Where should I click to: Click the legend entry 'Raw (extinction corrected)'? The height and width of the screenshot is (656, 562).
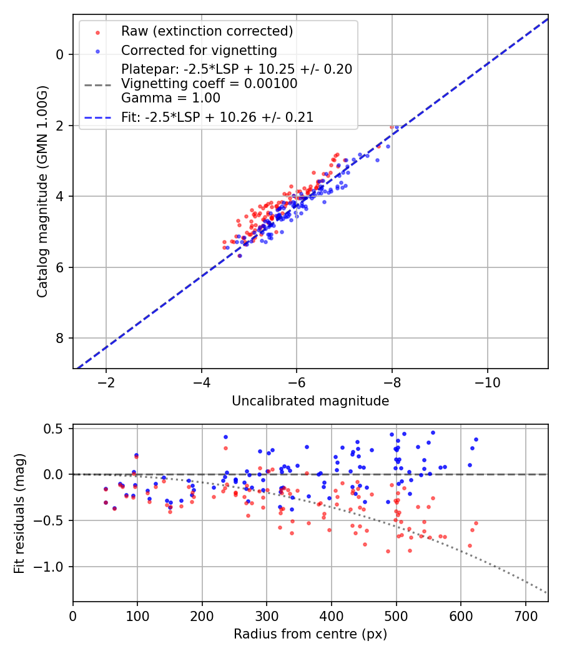click(207, 31)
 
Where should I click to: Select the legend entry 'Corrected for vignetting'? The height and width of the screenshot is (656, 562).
click(199, 50)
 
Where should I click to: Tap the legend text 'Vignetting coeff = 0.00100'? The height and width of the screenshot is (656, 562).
click(209, 84)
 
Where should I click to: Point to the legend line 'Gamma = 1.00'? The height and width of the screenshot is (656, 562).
click(170, 98)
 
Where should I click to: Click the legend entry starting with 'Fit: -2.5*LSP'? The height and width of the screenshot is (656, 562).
click(217, 117)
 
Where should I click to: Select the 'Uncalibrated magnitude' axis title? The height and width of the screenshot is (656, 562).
click(310, 401)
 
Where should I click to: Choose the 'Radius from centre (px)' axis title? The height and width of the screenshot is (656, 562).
click(310, 634)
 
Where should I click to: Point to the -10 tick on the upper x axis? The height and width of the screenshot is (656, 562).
click(487, 382)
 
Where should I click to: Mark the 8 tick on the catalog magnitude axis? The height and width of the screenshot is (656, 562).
click(60, 339)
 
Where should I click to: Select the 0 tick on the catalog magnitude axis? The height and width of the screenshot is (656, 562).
click(60, 54)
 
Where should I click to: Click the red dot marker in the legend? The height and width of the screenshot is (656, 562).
click(97, 31)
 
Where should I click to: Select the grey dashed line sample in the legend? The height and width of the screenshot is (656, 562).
click(97, 84)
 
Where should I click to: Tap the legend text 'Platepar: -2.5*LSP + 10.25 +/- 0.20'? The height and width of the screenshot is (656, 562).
click(237, 69)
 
